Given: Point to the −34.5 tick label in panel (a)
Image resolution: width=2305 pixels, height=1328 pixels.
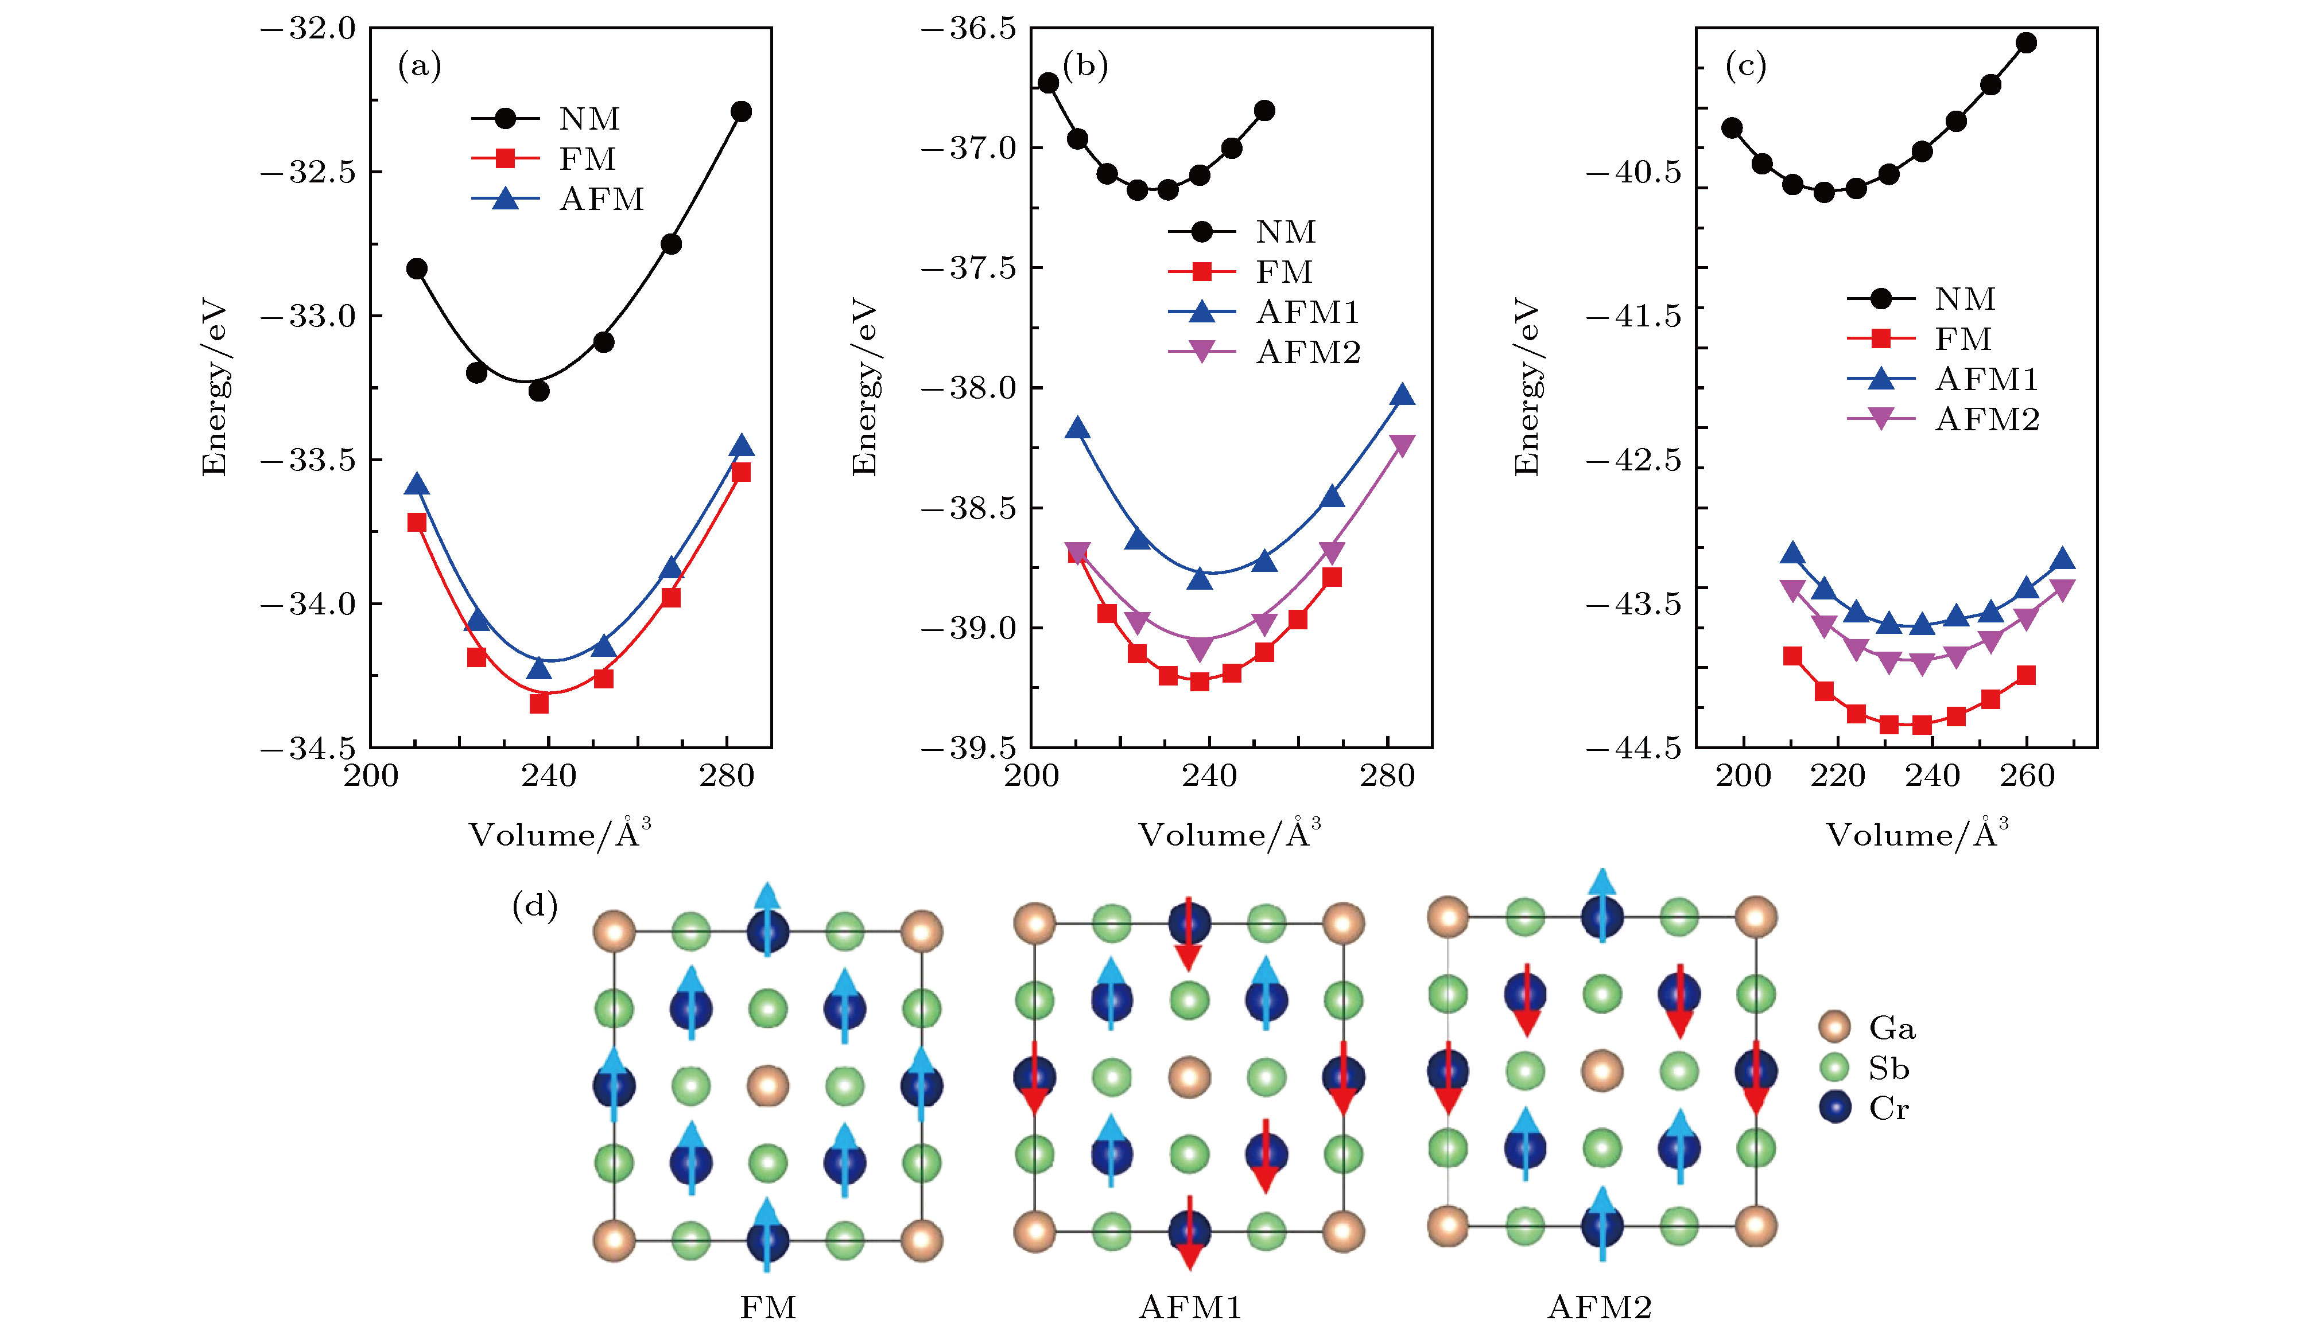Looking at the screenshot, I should click(x=308, y=749).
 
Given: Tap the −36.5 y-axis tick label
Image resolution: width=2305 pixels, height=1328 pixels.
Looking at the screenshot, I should click(x=968, y=28).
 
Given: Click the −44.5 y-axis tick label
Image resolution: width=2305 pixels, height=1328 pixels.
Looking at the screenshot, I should click(x=1633, y=749).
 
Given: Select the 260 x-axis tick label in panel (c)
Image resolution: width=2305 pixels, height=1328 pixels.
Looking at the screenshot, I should click(x=2027, y=776).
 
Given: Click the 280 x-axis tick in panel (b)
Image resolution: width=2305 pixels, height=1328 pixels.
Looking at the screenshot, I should click(x=1387, y=776).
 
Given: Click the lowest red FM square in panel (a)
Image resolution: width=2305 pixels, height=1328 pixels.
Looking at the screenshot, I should click(x=540, y=704).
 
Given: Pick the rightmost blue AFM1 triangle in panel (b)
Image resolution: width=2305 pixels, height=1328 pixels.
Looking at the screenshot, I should click(x=1403, y=395).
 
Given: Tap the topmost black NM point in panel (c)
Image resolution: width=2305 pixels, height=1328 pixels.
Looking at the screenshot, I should click(x=2026, y=42).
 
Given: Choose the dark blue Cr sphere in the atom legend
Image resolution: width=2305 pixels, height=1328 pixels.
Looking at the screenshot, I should click(x=1834, y=1107).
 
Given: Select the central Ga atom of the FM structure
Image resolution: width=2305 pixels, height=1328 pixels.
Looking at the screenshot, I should click(x=767, y=1085).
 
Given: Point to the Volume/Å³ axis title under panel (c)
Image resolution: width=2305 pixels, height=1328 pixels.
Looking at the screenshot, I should click(x=1916, y=834).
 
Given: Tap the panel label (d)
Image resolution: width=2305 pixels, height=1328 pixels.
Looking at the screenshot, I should click(x=535, y=906).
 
